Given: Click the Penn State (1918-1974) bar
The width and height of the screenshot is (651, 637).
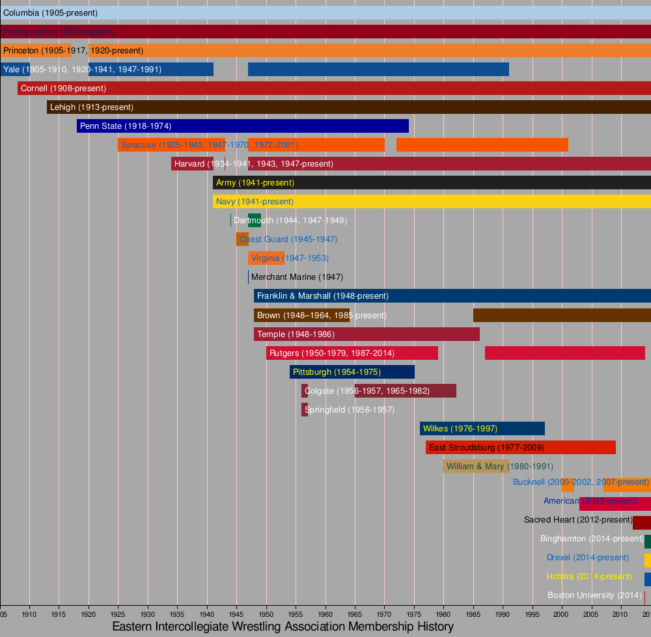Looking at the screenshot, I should [x=242, y=126].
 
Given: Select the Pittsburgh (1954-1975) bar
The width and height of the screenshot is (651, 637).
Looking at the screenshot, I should [x=352, y=372].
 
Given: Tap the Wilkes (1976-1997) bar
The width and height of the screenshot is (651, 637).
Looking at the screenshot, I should [x=482, y=429].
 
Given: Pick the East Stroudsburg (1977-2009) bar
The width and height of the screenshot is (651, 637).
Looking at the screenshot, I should [x=521, y=448].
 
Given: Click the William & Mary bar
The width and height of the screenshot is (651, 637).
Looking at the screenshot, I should [x=476, y=467].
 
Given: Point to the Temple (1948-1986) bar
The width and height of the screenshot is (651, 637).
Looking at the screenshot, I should [x=367, y=334].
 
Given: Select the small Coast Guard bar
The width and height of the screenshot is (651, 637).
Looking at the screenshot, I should [x=242, y=239].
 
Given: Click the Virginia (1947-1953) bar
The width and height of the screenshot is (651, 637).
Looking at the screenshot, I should [x=266, y=258].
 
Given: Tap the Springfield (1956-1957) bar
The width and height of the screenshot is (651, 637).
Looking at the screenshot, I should [x=305, y=410].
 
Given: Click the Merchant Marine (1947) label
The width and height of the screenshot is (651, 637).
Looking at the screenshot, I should [x=297, y=277].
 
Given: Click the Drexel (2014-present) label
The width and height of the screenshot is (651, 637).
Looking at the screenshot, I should [x=588, y=558].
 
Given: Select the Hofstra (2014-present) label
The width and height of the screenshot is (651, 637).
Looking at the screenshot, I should [x=589, y=576].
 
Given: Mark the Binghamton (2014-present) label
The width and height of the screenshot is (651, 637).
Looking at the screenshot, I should [x=592, y=539].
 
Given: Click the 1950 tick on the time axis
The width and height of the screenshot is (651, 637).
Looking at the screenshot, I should [x=266, y=614].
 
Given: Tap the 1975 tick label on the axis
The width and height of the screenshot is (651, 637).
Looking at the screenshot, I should [x=414, y=614].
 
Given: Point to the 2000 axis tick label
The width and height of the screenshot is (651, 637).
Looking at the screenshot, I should [x=562, y=614].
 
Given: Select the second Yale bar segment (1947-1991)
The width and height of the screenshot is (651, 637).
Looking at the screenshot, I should [x=378, y=69].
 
